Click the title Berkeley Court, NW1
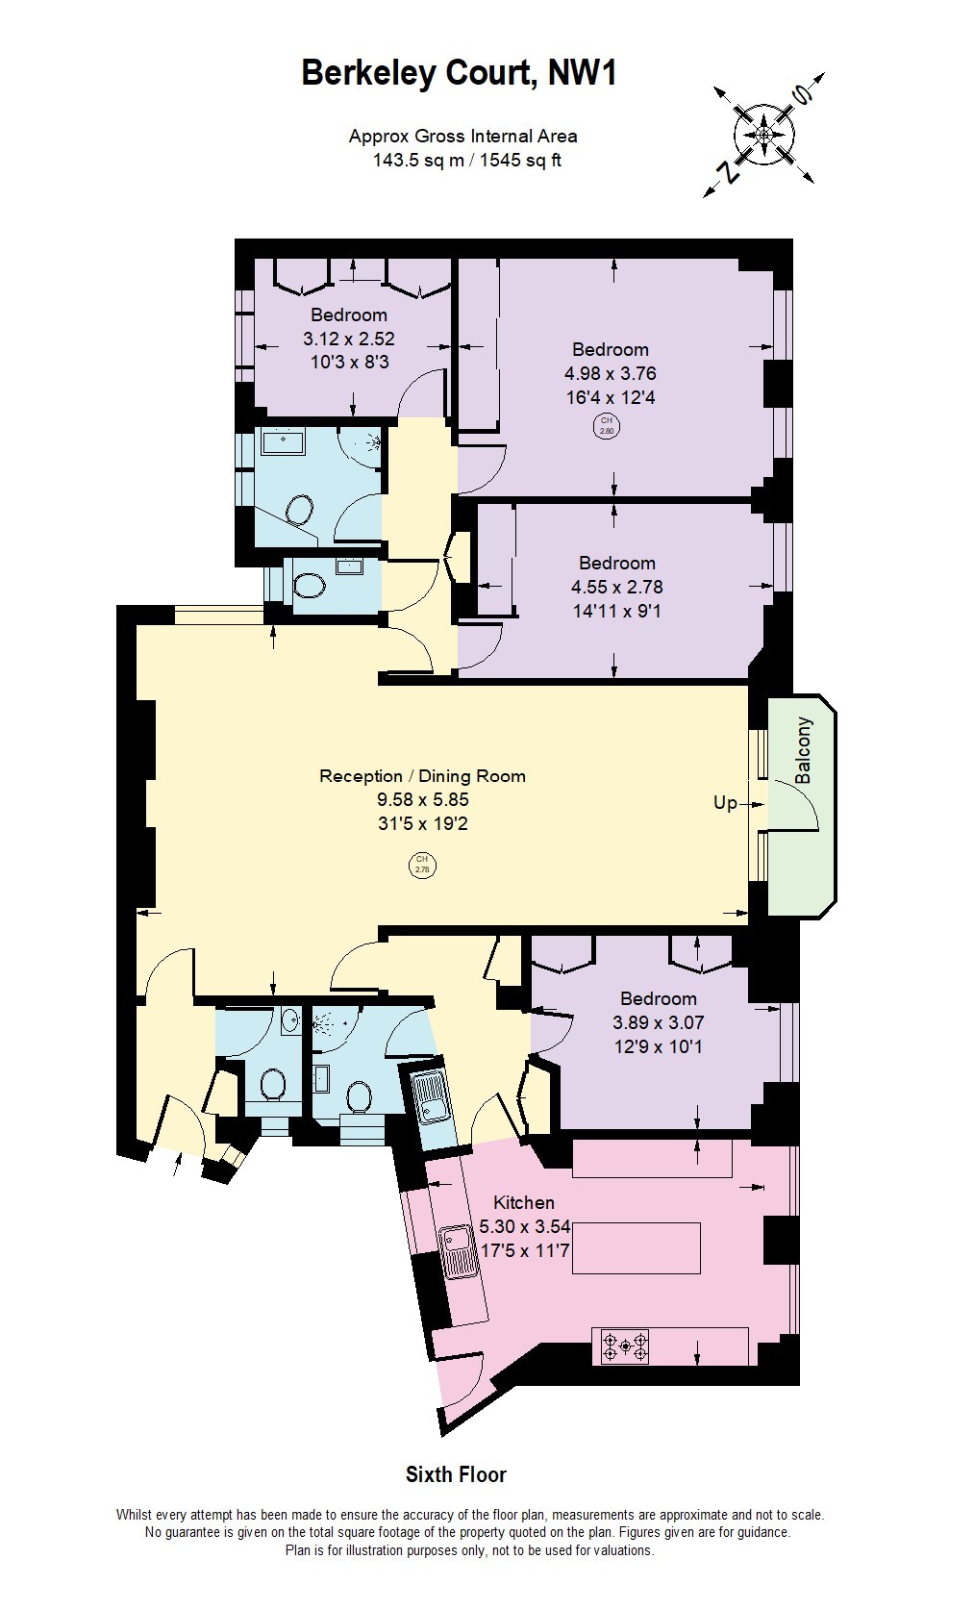459,73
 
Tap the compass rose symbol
763,136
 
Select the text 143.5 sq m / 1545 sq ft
466,161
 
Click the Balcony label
804,750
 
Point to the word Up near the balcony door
725,802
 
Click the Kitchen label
523,1202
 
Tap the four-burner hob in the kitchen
625,1346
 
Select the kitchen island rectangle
636,1247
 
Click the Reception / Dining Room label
422,776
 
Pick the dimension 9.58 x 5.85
422,799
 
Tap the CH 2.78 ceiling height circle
421,865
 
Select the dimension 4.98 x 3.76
610,373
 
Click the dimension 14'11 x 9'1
616,611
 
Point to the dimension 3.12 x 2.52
348,339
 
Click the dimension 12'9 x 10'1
658,1046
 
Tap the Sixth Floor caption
456,1474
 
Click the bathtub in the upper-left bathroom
282,442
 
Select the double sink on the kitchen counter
459,1251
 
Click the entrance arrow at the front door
177,1165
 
